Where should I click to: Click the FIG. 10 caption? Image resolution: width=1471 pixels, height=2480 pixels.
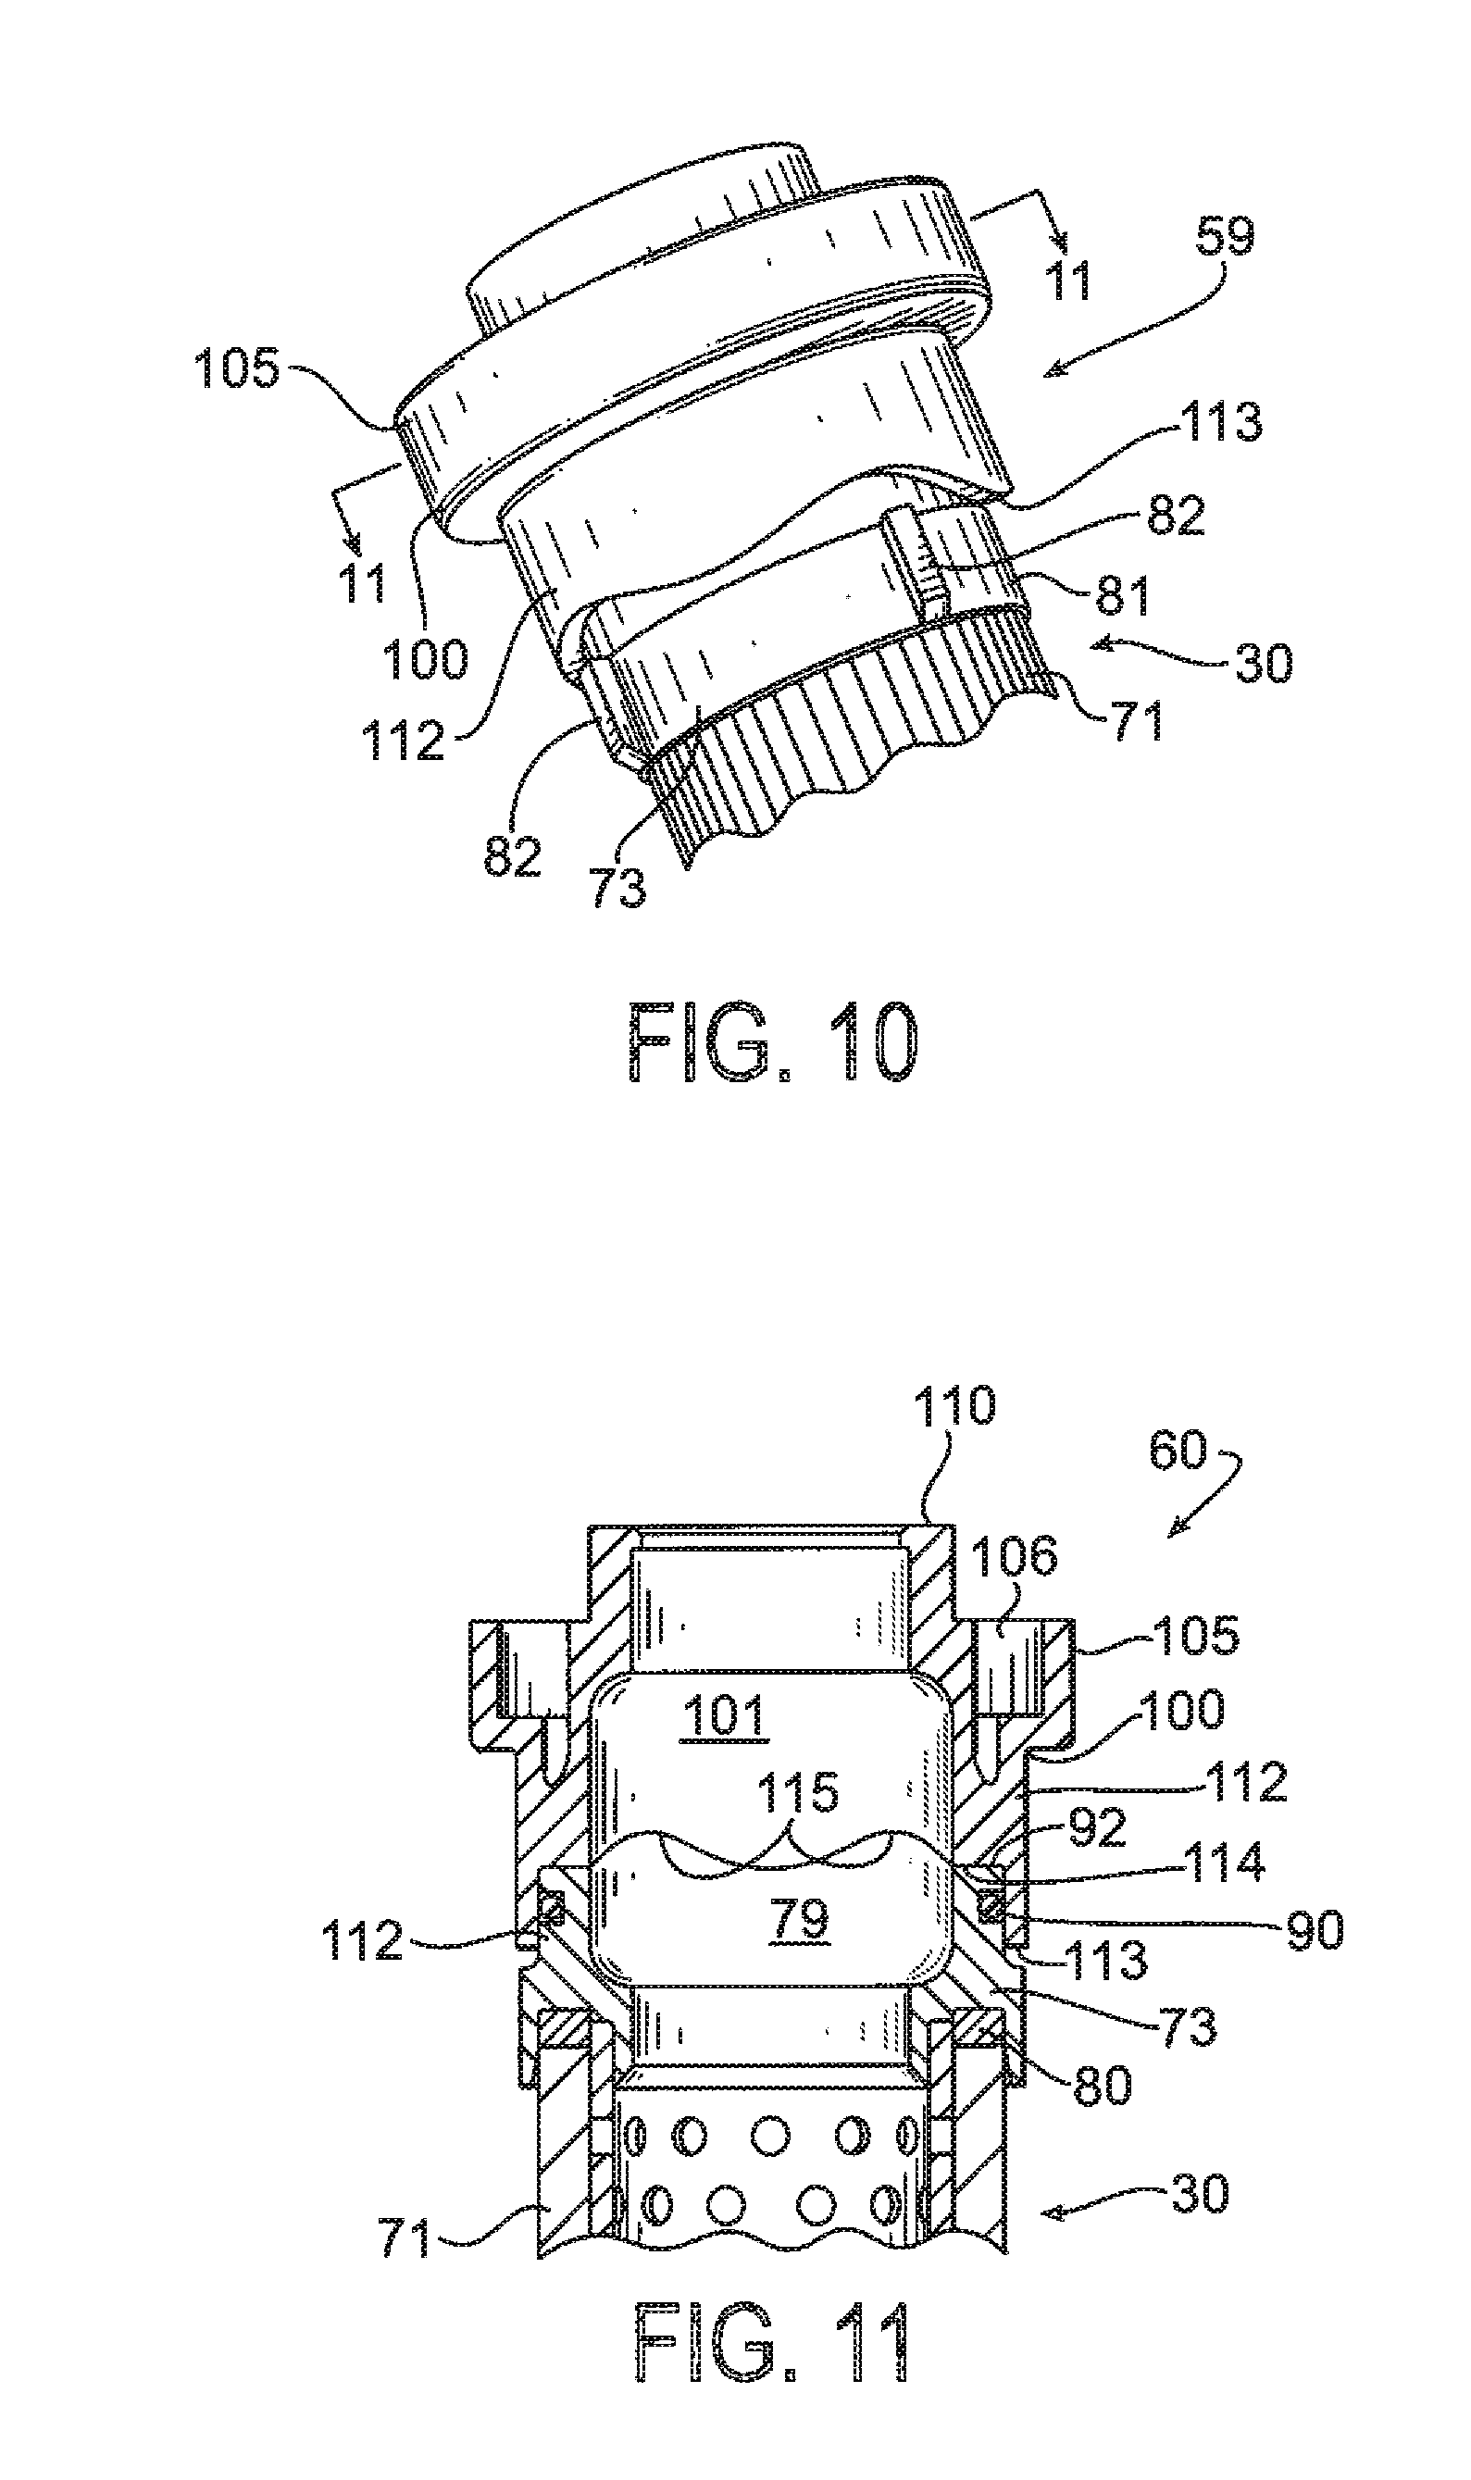click(774, 1042)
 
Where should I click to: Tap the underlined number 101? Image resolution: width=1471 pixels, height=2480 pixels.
click(724, 1714)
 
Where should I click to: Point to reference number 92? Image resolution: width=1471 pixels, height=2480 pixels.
click(1097, 1825)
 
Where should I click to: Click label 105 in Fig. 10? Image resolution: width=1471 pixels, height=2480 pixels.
click(238, 368)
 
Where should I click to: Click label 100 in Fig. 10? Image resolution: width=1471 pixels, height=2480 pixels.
click(425, 656)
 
